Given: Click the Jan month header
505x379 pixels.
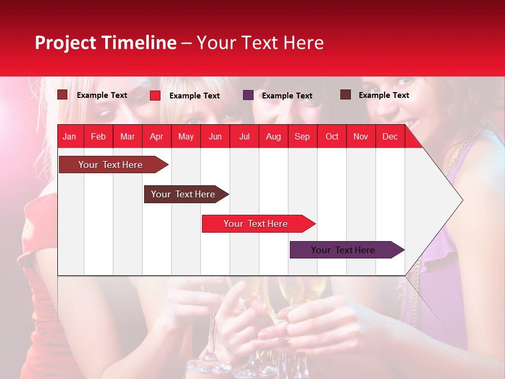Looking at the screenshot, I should [69, 136].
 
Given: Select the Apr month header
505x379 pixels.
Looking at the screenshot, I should [156, 136].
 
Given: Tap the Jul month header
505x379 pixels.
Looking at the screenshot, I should [244, 136].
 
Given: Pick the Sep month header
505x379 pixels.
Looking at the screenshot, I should [302, 136].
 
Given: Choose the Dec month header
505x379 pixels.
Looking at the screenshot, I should [390, 136].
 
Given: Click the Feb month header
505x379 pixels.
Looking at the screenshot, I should [98, 136].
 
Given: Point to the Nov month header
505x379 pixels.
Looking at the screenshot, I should [361, 136].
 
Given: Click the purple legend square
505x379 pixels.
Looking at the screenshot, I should [248, 95].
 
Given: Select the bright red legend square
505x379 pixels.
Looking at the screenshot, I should [155, 95].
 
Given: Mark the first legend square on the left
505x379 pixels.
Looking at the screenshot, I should [63, 95].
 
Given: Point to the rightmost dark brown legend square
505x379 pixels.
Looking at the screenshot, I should [346, 95].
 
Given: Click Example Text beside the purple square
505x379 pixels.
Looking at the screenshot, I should [287, 96].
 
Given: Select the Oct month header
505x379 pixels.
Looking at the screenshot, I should [332, 136].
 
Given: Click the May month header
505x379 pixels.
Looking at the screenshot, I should [186, 136].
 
